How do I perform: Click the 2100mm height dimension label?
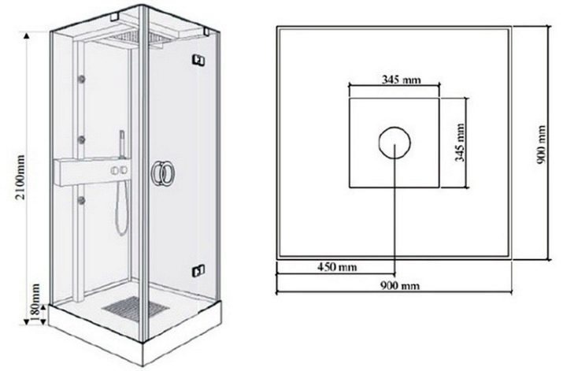(x=21, y=177)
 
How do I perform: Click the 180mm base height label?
(x=35, y=303)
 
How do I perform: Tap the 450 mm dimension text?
(x=337, y=267)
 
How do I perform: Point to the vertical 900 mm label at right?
(x=541, y=145)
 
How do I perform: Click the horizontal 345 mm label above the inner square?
(x=401, y=79)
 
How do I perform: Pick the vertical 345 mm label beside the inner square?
(x=460, y=143)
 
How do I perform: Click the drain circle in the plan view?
(x=394, y=143)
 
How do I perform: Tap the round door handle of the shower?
(x=163, y=173)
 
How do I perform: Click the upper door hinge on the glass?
(x=198, y=60)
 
